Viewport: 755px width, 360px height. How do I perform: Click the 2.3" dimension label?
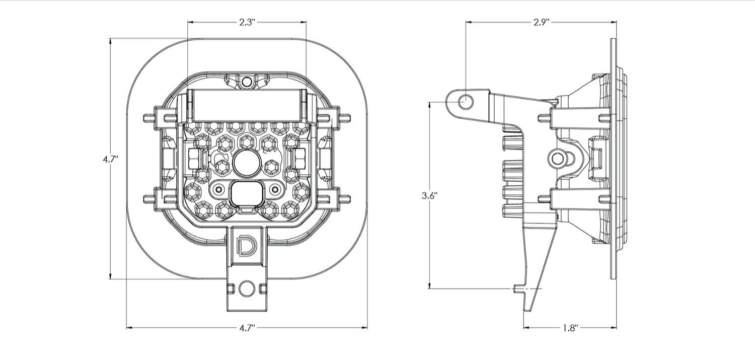point(247,22)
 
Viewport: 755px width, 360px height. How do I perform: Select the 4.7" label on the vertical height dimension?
point(110,159)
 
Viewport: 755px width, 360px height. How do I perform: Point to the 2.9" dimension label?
point(541,22)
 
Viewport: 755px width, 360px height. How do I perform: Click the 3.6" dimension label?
point(429,195)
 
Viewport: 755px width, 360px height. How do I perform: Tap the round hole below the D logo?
point(246,289)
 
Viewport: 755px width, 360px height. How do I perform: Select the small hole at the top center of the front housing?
point(246,81)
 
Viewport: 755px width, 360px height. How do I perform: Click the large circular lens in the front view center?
point(246,163)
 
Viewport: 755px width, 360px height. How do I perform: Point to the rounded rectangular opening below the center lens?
point(246,192)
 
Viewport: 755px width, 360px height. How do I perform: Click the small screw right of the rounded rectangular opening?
point(274,189)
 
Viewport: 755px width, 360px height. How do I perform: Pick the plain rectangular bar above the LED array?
point(246,105)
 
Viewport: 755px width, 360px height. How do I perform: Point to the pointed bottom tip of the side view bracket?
point(528,309)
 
